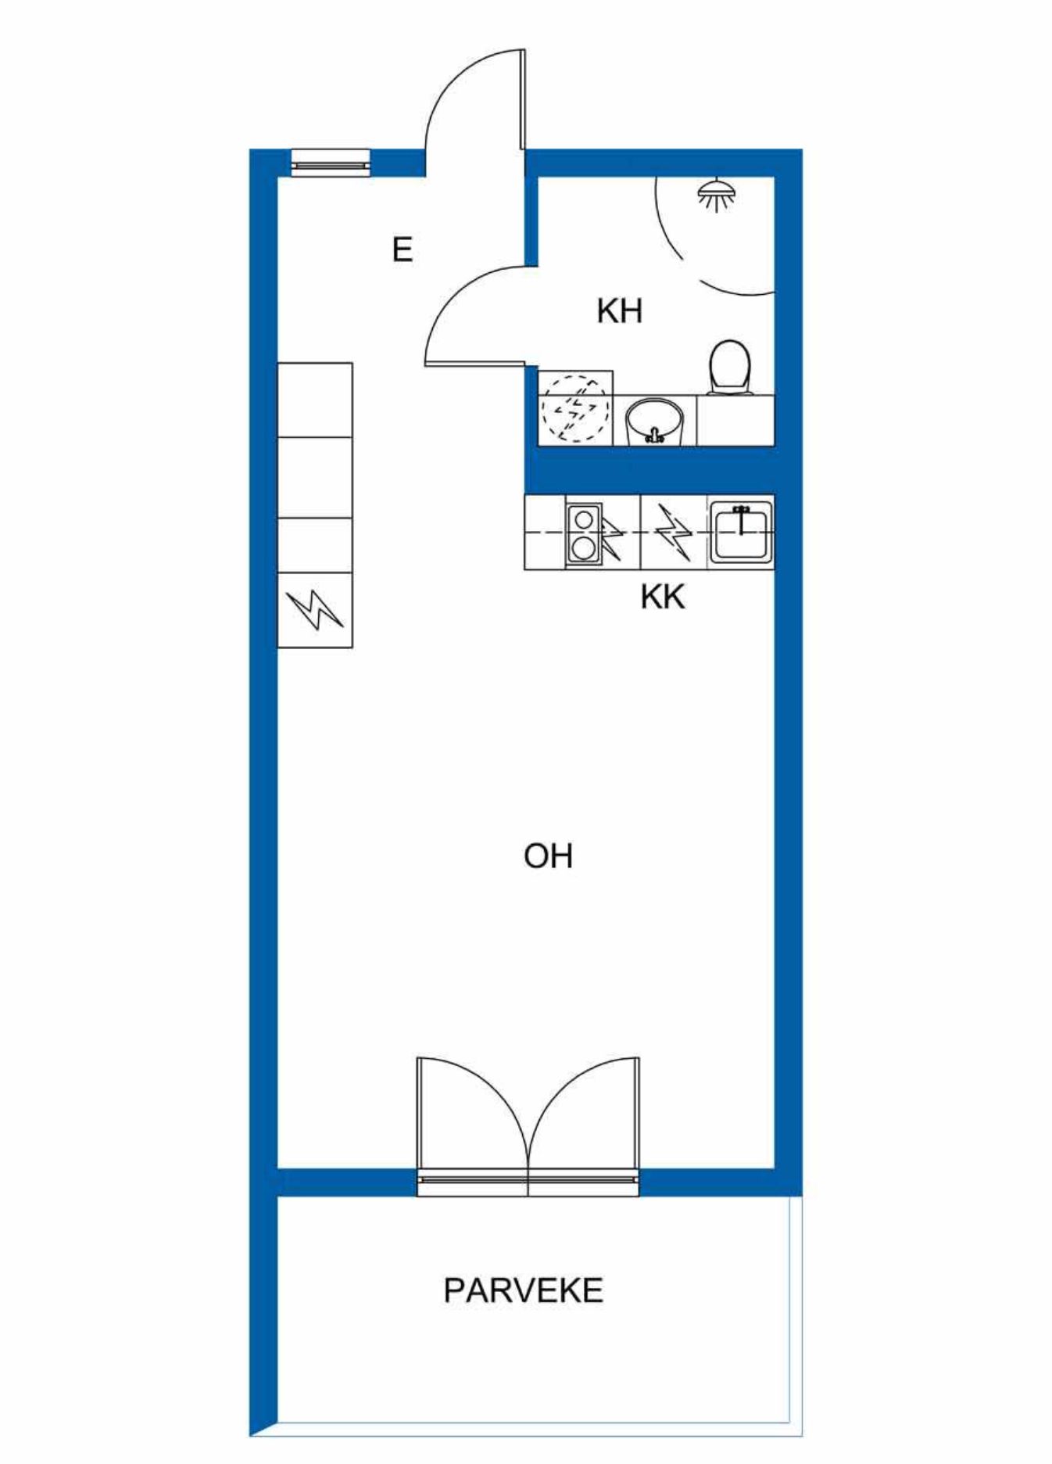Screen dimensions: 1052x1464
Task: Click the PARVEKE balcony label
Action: [523, 1290]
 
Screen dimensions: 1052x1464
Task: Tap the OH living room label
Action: [548, 856]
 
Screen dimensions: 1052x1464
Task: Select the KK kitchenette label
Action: [663, 597]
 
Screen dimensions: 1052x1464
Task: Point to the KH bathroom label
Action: [619, 311]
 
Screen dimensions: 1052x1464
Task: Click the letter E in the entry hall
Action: [402, 250]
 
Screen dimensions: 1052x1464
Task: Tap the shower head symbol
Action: [717, 195]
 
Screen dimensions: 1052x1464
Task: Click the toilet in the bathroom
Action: [730, 368]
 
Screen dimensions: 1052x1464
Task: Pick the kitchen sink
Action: [740, 532]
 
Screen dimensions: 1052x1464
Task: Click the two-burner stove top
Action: [583, 533]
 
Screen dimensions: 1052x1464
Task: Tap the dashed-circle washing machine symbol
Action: [575, 408]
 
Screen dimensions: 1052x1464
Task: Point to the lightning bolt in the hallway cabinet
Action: [314, 610]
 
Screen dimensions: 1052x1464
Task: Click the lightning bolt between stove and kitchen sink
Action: [674, 533]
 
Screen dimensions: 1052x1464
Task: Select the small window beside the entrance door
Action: [331, 163]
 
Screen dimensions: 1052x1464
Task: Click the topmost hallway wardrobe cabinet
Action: [315, 400]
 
